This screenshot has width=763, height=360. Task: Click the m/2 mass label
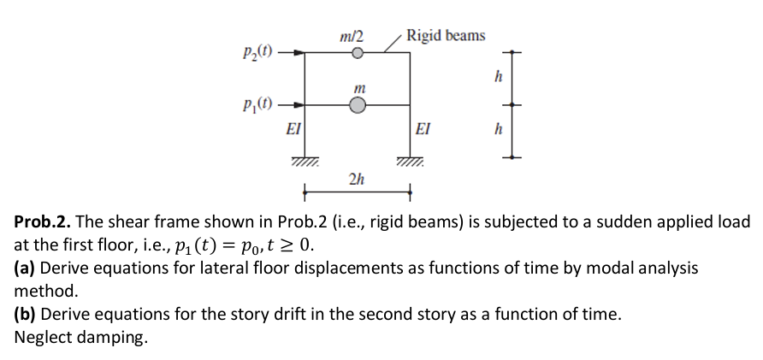point(351,37)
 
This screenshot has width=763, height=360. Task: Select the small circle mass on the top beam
point(358,53)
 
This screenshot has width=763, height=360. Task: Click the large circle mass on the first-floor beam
point(358,105)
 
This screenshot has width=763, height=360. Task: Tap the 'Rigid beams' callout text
point(446,35)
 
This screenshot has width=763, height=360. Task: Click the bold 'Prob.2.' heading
point(41,222)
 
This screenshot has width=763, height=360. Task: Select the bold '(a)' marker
point(24,269)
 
